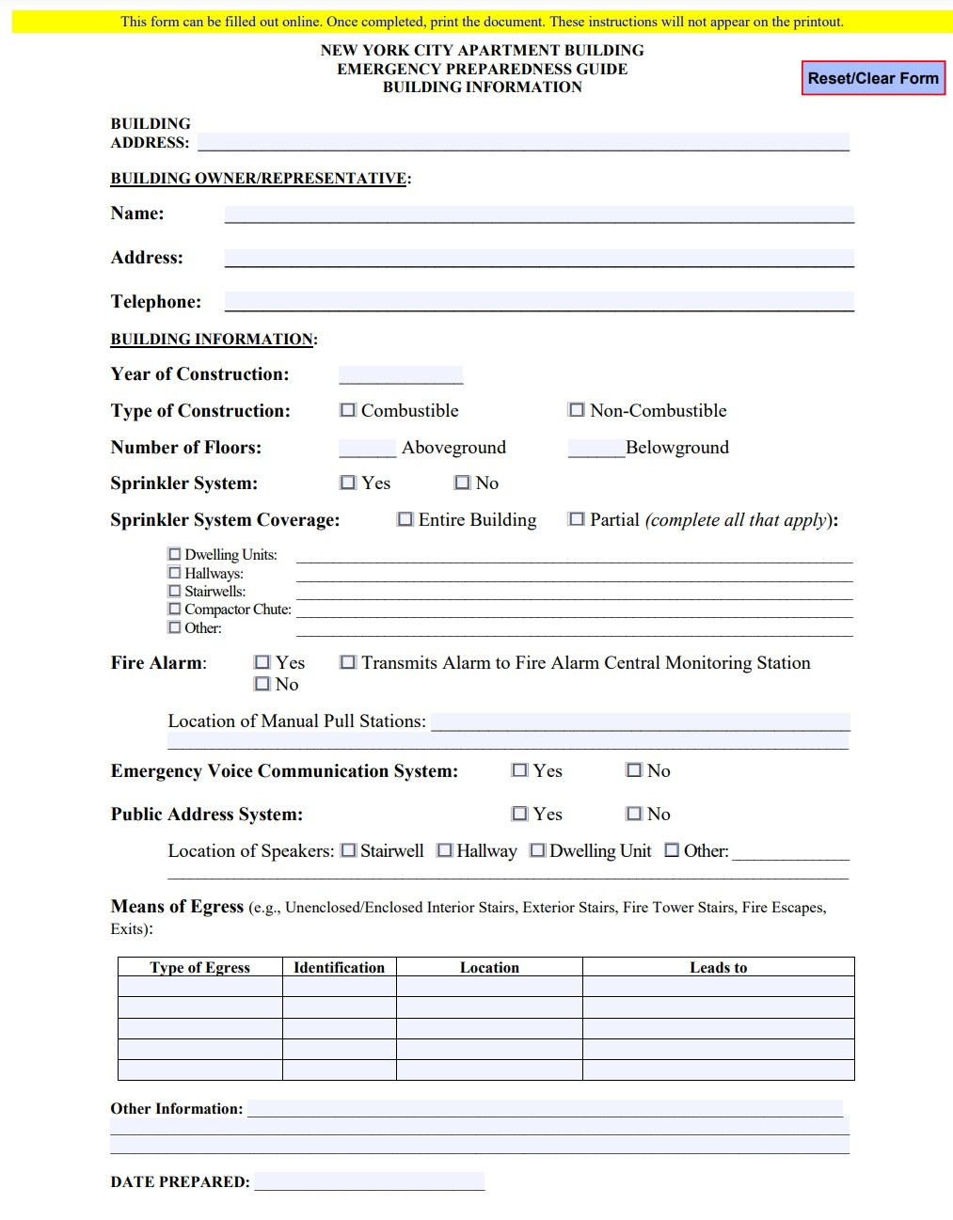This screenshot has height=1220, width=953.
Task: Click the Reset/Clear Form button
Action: coord(873,78)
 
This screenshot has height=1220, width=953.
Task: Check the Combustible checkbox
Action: coord(348,410)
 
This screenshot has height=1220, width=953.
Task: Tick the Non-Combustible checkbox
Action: coord(577,410)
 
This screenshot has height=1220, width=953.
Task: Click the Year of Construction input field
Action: coord(401,374)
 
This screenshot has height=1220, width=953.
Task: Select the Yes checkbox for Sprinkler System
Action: coord(348,483)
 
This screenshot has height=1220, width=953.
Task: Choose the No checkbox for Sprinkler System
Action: coord(462,483)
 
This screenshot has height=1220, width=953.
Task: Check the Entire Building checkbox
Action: coord(405,519)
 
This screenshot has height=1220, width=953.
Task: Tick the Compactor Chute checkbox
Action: coord(174,609)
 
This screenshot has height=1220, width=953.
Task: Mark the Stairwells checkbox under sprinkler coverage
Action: coord(174,591)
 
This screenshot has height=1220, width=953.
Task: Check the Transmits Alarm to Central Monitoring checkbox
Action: coord(348,662)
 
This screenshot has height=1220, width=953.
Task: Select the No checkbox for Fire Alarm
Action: coord(262,684)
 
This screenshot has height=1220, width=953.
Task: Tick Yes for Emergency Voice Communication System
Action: coord(519,770)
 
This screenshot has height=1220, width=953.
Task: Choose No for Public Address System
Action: coord(634,814)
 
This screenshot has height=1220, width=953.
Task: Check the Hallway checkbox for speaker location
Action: coord(445,850)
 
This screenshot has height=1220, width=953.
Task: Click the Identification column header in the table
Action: coord(339,967)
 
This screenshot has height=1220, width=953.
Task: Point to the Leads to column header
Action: coord(718,967)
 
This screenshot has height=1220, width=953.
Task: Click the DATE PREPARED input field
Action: coord(369,1181)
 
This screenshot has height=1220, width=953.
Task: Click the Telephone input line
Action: coord(539,301)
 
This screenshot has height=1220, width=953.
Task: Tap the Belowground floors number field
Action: coord(596,448)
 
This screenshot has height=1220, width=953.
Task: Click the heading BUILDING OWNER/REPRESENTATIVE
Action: coord(259,179)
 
